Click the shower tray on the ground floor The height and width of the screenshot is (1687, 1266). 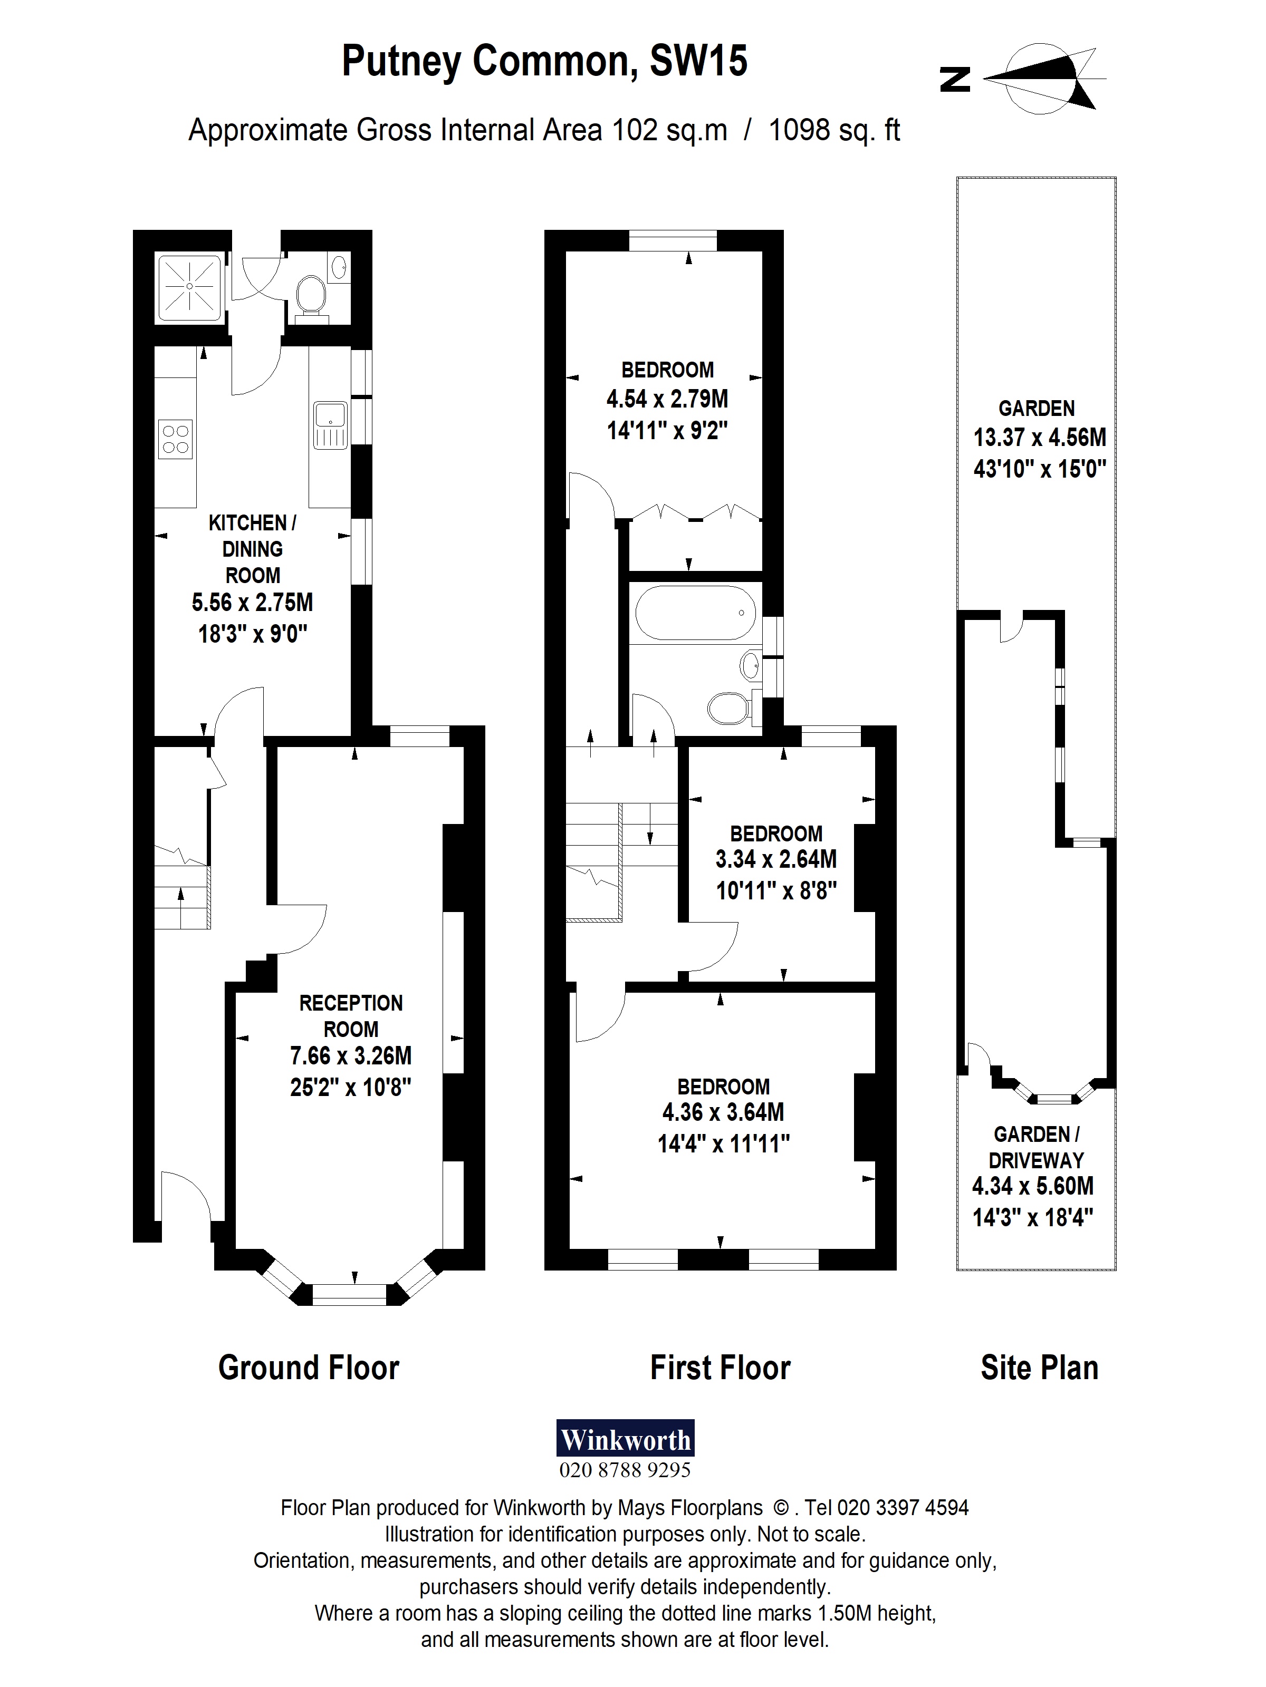189,287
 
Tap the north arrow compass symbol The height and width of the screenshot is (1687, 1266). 1044,79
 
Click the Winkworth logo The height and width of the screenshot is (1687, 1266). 625,1438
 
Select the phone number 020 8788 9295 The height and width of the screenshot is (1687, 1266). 625,1470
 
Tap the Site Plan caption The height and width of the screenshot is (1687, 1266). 1039,1368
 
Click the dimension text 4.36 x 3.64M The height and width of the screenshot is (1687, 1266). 723,1112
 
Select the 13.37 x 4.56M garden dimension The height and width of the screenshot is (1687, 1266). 1039,437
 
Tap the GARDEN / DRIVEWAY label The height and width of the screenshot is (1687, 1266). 1035,1147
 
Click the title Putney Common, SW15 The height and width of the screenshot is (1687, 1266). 544,61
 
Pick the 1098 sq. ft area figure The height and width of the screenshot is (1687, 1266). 833,130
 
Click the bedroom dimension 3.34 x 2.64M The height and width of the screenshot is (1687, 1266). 775,859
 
